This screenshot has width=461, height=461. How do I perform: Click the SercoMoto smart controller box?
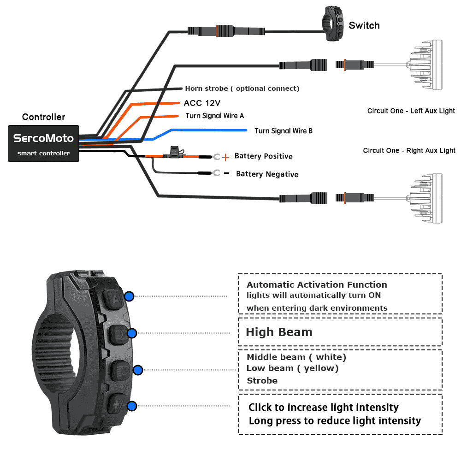tap(43, 143)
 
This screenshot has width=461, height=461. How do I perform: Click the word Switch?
tap(364, 25)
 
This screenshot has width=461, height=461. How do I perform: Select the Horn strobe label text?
tap(242, 89)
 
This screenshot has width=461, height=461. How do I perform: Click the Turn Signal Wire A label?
tap(214, 116)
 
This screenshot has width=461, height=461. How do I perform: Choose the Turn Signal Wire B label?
tap(284, 131)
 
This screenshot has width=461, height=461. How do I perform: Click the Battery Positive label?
tap(263, 156)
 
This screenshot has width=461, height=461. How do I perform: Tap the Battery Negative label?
tap(267, 174)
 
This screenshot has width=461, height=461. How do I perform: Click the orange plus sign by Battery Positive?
tap(225, 158)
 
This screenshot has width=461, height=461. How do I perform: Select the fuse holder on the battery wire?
tap(175, 151)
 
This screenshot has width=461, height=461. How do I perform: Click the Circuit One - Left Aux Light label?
tap(411, 111)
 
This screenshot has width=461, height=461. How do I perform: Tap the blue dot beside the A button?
tap(130, 296)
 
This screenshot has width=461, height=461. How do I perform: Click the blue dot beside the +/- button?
tap(132, 406)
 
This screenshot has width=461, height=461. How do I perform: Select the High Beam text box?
tap(340, 332)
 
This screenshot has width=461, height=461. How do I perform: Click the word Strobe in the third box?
tap(262, 381)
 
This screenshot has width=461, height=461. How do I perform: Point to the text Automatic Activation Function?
tap(317, 285)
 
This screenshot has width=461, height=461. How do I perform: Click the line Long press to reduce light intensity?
tap(335, 421)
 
